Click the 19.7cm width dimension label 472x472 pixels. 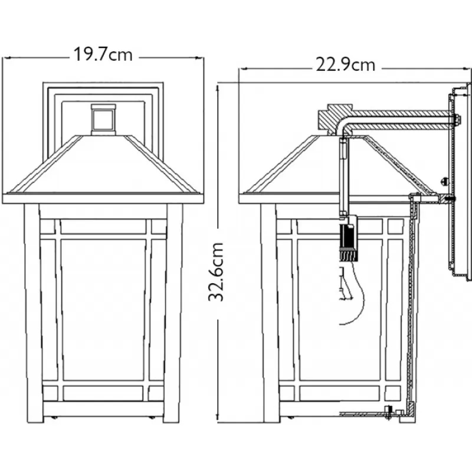(103, 54)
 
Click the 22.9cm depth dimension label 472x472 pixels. (346, 65)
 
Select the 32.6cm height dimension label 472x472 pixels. (217, 272)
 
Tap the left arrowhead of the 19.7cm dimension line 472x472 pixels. (6, 57)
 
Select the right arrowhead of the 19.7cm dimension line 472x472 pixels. (199, 58)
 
